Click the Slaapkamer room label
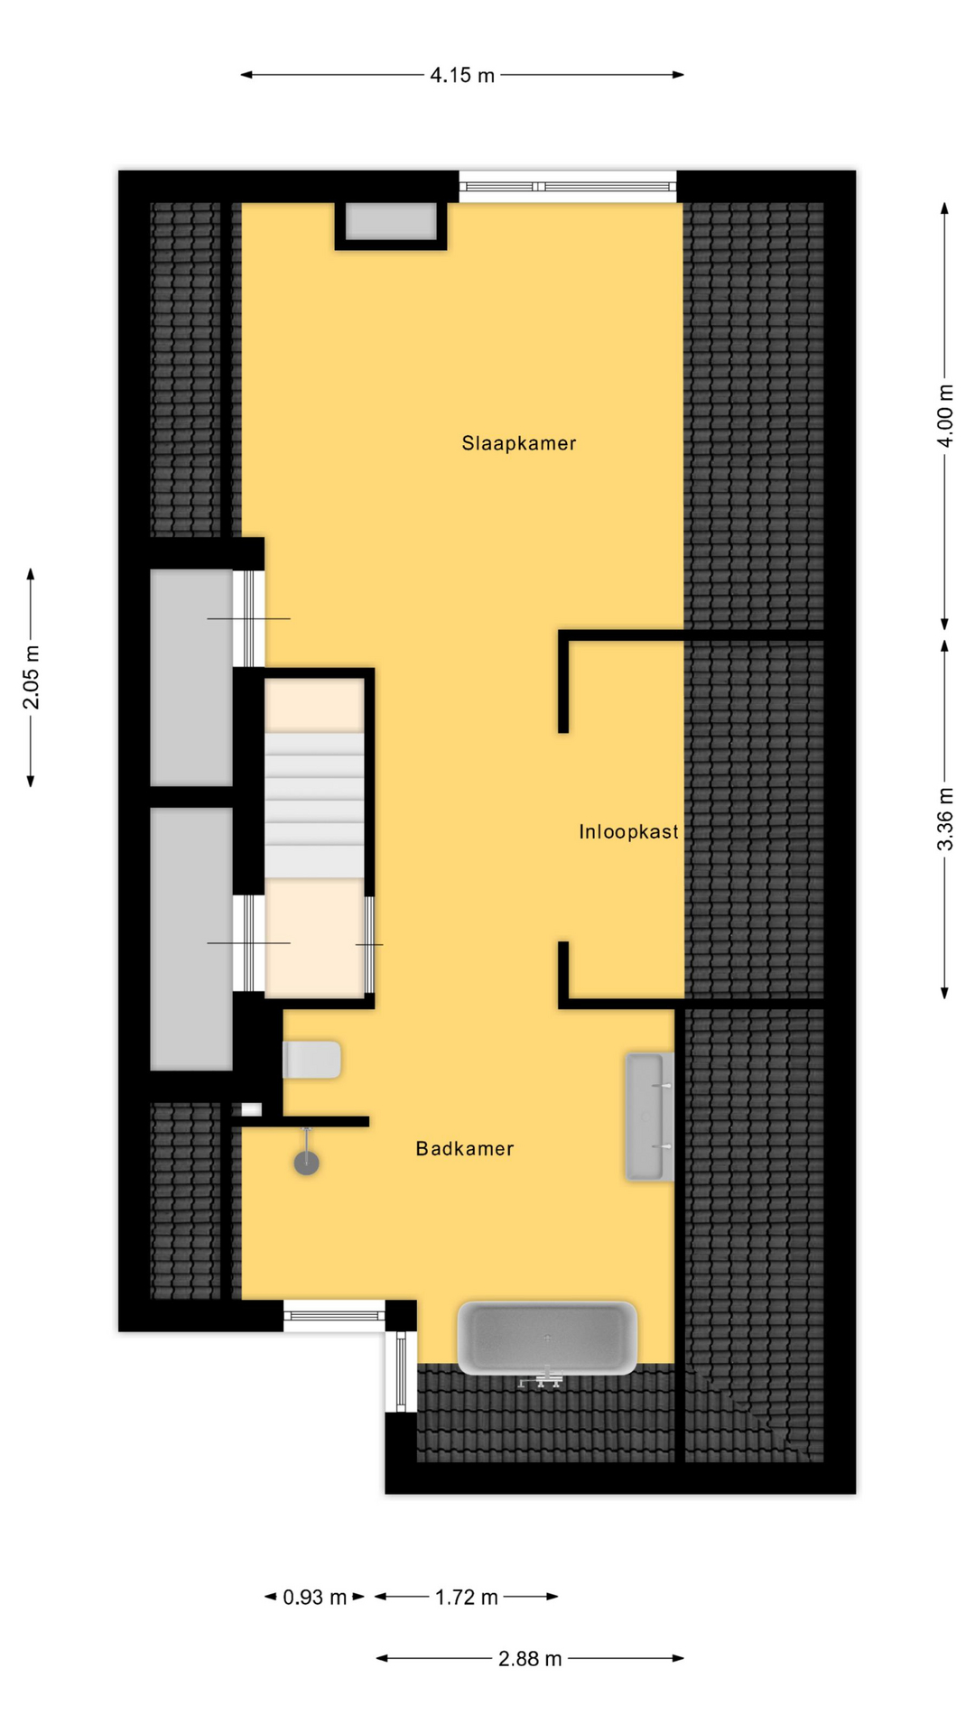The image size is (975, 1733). [519, 443]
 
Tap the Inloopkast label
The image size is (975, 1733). [629, 831]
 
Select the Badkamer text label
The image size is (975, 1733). [465, 1148]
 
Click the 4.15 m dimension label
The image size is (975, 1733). [462, 75]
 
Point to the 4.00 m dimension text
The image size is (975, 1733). [945, 415]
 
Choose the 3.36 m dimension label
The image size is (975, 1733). [945, 819]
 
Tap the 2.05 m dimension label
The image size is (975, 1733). [31, 677]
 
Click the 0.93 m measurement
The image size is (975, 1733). [315, 1597]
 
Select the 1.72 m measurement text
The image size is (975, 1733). [467, 1597]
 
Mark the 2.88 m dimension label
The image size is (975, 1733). [530, 1658]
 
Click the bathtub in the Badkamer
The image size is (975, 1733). [547, 1338]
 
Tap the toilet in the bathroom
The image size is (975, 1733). [312, 1060]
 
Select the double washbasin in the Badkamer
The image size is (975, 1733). [650, 1117]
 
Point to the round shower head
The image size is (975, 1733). [307, 1163]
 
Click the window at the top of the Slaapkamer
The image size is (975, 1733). [568, 187]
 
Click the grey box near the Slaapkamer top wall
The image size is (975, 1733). [392, 222]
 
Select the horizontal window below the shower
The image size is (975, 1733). [335, 1315]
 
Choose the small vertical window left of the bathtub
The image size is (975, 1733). [402, 1371]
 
